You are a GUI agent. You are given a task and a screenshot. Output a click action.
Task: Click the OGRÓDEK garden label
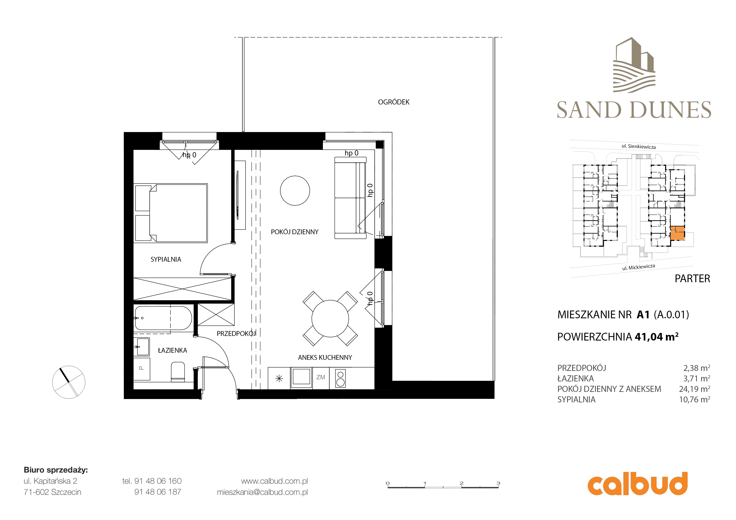coord(394,102)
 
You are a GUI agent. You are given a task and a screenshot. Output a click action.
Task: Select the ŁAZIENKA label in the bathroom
coord(172,350)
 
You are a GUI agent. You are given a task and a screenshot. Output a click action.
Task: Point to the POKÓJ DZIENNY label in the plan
coord(295,232)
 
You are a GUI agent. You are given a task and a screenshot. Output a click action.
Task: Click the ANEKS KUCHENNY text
coord(325,357)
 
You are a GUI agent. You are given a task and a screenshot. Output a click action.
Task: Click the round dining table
coord(330,318)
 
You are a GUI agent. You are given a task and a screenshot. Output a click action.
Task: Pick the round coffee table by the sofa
coord(295,191)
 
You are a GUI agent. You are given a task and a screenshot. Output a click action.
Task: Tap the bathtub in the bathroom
coord(163,318)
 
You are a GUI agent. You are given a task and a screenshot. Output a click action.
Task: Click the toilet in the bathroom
coord(178,372)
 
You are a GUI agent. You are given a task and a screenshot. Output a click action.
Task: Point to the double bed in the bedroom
coord(171,213)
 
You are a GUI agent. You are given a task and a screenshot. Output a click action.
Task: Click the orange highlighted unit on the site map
coord(677,233)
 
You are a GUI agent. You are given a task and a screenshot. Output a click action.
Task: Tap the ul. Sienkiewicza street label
coord(639,146)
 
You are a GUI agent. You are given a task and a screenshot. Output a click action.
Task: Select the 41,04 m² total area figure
coord(656,337)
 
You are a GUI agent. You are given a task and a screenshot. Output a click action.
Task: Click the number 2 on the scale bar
coord(461,483)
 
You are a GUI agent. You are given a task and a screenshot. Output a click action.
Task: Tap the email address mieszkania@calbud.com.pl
coord(262,492)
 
